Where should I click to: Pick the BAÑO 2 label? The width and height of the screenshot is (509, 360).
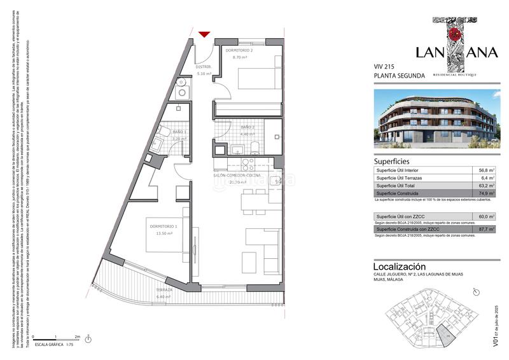(x=248, y=127)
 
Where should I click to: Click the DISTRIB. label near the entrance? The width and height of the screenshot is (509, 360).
(x=203, y=67)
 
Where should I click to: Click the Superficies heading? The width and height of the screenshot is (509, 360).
(x=391, y=162)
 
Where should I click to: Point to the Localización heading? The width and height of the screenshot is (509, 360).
(x=400, y=267)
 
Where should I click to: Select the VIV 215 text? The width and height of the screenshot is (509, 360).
(x=384, y=66)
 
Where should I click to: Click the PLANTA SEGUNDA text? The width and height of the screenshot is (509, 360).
(x=399, y=76)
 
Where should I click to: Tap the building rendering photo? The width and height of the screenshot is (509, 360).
(x=435, y=120)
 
